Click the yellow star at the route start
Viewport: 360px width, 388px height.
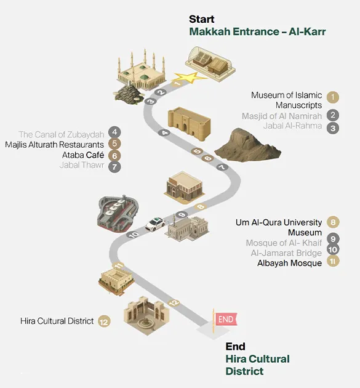pos(190,78)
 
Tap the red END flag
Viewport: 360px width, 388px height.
pos(226,319)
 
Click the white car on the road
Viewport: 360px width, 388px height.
pos(155,224)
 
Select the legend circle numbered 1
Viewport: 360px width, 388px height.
pos(332,97)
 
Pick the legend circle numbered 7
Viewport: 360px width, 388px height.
pos(114,166)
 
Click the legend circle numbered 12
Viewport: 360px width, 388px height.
pos(104,321)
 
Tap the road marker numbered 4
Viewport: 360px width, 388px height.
pos(165,133)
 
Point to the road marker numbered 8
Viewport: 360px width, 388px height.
pos(201,206)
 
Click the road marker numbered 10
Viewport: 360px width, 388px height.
pos(134,235)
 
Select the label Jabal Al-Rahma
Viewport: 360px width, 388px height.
pos(292,126)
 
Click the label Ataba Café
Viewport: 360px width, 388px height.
pos(83,155)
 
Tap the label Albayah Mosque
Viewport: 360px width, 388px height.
pos(289,263)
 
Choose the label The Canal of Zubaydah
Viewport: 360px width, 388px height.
pos(62,134)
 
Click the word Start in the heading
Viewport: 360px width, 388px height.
pos(201,19)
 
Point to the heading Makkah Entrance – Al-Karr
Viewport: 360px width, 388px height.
pos(257,31)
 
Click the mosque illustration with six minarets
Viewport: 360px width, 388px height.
pos(141,70)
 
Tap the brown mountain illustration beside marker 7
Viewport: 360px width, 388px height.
pos(247,144)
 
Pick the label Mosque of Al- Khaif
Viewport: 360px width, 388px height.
pos(284,243)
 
